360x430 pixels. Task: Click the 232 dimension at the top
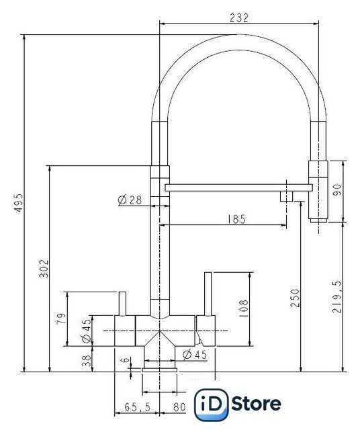239,18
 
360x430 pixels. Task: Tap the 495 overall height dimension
19,203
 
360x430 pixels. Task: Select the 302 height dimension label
44,269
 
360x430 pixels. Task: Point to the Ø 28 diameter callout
130,200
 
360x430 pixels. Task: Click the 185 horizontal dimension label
237,219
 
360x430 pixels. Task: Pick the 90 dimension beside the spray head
337,189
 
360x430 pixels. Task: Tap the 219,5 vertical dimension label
337,297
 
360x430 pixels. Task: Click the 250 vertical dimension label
296,298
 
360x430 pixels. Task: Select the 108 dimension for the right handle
244,309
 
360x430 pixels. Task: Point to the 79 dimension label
61,318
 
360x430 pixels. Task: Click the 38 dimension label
86,361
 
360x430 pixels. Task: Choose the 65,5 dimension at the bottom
138,407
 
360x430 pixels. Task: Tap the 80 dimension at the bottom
179,407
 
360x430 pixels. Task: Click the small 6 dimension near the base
126,359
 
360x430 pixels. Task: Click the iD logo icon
212,404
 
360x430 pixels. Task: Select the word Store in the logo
257,403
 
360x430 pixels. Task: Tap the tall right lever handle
208,294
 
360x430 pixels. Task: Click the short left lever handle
122,304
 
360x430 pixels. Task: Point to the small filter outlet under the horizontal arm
286,196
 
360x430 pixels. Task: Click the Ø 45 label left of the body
86,331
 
